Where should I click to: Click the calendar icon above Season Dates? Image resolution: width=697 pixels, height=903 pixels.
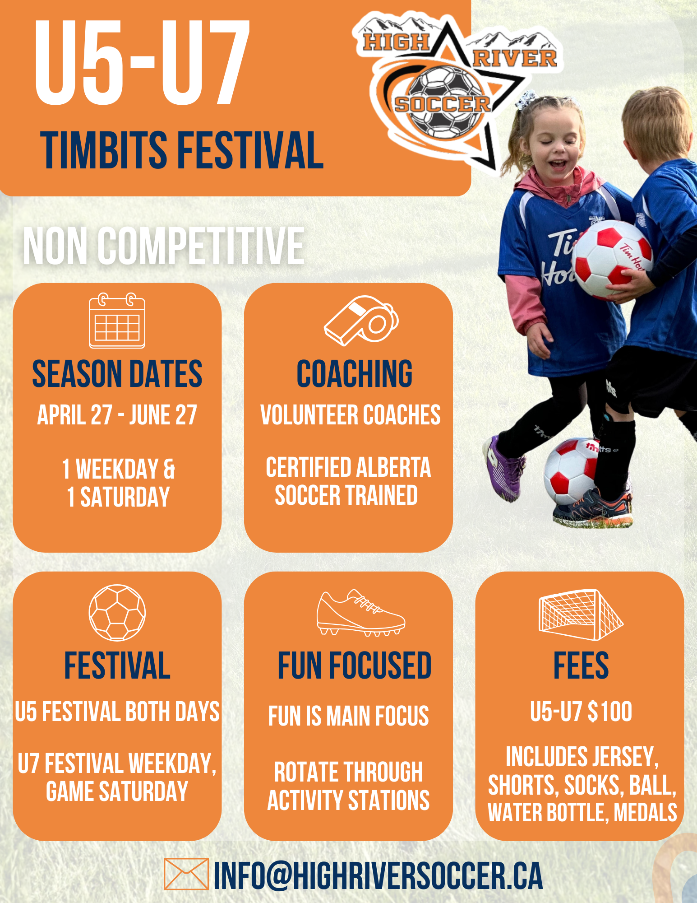click(117, 321)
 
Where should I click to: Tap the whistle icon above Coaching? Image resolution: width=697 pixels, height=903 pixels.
click(361, 321)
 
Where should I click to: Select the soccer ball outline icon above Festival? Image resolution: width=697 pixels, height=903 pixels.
click(117, 613)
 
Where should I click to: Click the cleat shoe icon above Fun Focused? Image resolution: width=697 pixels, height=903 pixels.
click(361, 613)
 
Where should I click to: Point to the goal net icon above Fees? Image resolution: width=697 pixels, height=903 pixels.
click(581, 614)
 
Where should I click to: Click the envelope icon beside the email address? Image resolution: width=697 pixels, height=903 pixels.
click(186, 874)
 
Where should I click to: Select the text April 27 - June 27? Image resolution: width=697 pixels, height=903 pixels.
click(117, 414)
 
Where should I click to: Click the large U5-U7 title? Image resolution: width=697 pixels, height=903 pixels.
click(142, 62)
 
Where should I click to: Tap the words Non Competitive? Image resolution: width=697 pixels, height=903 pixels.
click(164, 246)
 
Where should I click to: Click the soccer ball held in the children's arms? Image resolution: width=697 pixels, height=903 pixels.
click(612, 259)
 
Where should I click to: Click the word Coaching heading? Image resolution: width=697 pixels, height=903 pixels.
click(355, 374)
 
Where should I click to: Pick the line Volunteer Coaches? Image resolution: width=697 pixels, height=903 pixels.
click(351, 414)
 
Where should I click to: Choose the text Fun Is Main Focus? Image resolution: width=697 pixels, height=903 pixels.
click(348, 716)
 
